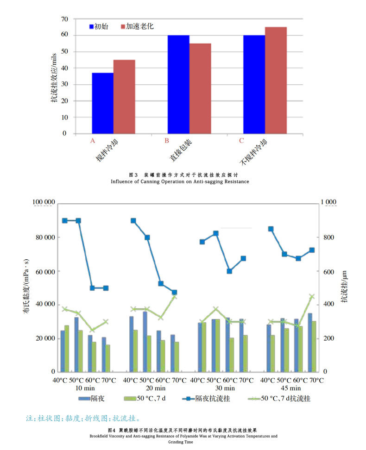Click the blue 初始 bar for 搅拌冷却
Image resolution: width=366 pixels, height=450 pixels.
(102, 103)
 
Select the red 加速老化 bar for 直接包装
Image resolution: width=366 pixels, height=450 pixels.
(200, 88)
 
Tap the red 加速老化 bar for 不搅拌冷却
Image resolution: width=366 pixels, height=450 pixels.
(276, 80)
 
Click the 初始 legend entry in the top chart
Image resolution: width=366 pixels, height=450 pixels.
(99, 26)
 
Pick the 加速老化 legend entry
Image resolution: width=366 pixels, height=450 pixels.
(137, 26)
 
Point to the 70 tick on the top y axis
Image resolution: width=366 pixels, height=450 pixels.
(63, 19)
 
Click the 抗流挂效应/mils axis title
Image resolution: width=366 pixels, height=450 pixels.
(55, 76)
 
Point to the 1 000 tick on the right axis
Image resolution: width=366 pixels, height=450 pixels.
(330, 202)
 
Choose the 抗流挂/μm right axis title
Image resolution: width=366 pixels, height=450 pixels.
(345, 287)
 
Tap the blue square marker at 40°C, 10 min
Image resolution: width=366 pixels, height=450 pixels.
(65, 221)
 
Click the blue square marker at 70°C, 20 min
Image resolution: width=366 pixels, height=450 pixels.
(174, 293)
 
